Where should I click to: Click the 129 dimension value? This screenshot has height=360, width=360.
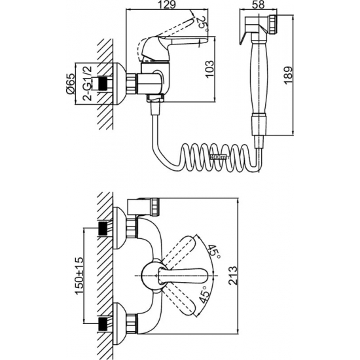click(x=167, y=5)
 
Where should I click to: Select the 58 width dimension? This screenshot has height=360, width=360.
click(x=259, y=5)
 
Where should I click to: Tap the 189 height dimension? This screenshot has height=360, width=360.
click(x=289, y=75)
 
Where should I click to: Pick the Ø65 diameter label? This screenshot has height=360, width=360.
click(x=71, y=84)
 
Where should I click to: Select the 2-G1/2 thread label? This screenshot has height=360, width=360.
click(x=87, y=83)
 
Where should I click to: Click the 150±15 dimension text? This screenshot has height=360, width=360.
click(x=79, y=276)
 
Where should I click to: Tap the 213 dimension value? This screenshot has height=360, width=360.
click(x=233, y=276)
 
